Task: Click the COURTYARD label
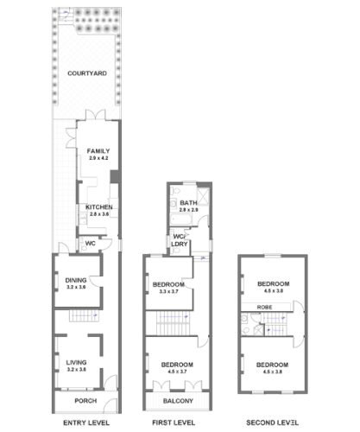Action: point(86,74)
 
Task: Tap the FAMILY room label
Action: point(98,151)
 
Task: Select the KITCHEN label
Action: point(98,206)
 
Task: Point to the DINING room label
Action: point(76,279)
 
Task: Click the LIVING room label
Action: point(76,362)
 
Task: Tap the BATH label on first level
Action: point(188,203)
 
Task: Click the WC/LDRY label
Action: point(180,240)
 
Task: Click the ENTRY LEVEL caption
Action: point(86,422)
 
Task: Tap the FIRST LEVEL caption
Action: point(179,422)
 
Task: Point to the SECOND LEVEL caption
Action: point(272,422)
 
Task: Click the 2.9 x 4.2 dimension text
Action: point(98,159)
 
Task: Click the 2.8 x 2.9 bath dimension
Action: point(188,210)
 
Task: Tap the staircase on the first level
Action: point(171,325)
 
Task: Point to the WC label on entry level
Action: point(89,244)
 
